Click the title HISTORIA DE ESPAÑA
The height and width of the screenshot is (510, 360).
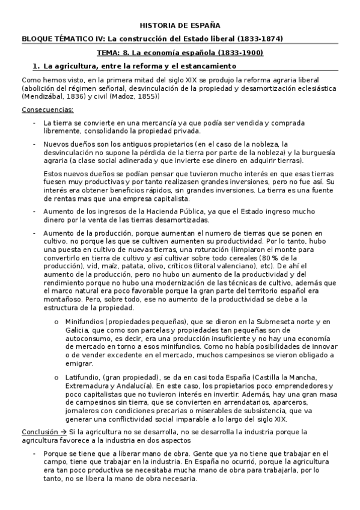click(x=180, y=26)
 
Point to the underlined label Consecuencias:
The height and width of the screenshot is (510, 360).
click(x=47, y=109)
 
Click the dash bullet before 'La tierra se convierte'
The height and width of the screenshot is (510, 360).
click(x=34, y=123)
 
